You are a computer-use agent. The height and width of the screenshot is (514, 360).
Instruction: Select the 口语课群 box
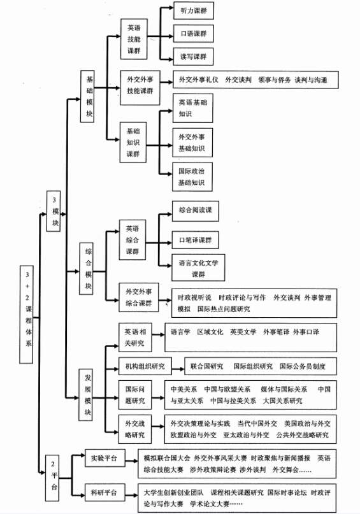192,33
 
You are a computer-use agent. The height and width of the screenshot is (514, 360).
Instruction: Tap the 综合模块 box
89,269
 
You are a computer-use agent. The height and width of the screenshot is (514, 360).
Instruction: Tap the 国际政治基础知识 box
192,177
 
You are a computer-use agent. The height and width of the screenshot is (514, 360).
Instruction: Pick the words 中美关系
184,389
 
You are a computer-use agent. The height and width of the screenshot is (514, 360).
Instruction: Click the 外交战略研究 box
135,429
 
